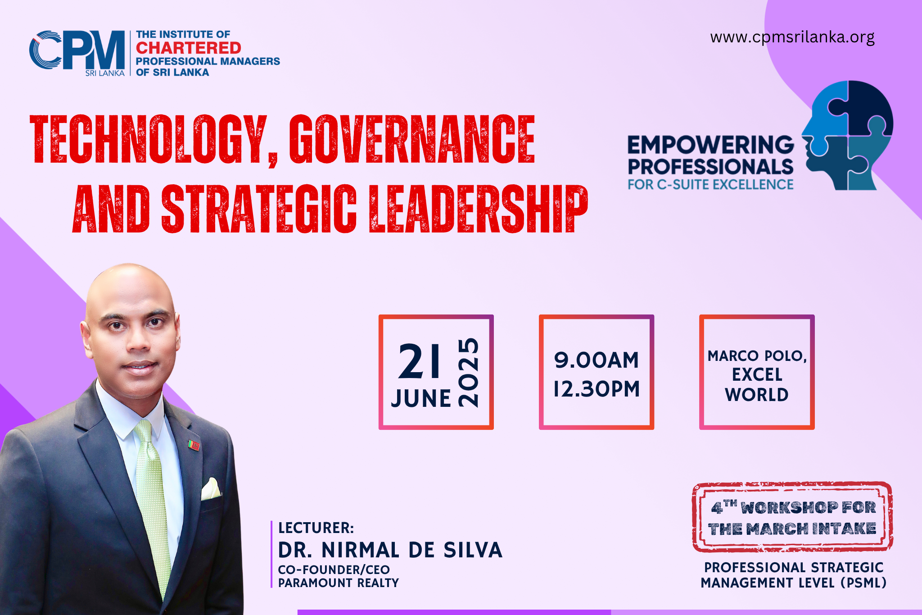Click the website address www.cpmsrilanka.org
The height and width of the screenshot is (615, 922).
pos(792,37)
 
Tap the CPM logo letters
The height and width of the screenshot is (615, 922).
pos(77,50)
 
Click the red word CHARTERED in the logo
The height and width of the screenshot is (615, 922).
pos(189,48)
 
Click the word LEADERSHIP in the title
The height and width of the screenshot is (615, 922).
pos(479,209)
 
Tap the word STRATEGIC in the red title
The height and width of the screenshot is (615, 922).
pos(259,209)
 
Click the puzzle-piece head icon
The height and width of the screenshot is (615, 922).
pos(847,135)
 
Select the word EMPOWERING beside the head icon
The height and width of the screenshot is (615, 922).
pos(710,145)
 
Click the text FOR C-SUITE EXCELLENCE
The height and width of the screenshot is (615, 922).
pos(710,185)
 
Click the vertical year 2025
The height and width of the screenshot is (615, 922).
pos(468,373)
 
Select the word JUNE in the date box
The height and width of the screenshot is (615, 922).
pos(421,398)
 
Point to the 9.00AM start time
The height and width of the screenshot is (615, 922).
pos(597,360)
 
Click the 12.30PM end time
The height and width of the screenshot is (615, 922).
pos(597,389)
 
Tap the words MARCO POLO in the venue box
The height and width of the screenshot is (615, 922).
pos(757,356)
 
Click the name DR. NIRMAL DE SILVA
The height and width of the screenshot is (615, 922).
pos(390,550)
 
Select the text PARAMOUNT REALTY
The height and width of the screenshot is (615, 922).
pos(339,583)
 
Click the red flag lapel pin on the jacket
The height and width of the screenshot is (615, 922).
pos(194,446)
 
